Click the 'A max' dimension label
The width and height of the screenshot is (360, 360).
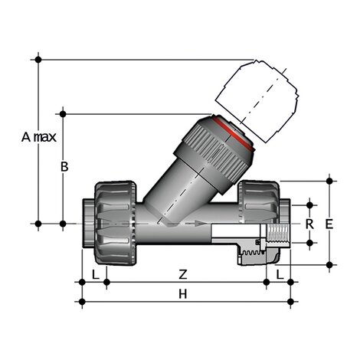pos(38,137)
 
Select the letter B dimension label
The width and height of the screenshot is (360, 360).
pos(65,166)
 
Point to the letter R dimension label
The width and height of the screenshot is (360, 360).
pos(309,224)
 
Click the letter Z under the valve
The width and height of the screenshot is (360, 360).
pos(182,273)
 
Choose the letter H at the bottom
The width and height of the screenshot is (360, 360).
pos(182,294)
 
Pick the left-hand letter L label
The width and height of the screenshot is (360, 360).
pos(93,273)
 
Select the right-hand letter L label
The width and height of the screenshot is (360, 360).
pos(280,273)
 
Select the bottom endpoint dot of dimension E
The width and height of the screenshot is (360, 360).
pos(330,264)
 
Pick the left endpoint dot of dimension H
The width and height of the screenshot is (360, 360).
pos(82,302)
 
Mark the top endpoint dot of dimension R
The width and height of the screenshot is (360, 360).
pos(309,205)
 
